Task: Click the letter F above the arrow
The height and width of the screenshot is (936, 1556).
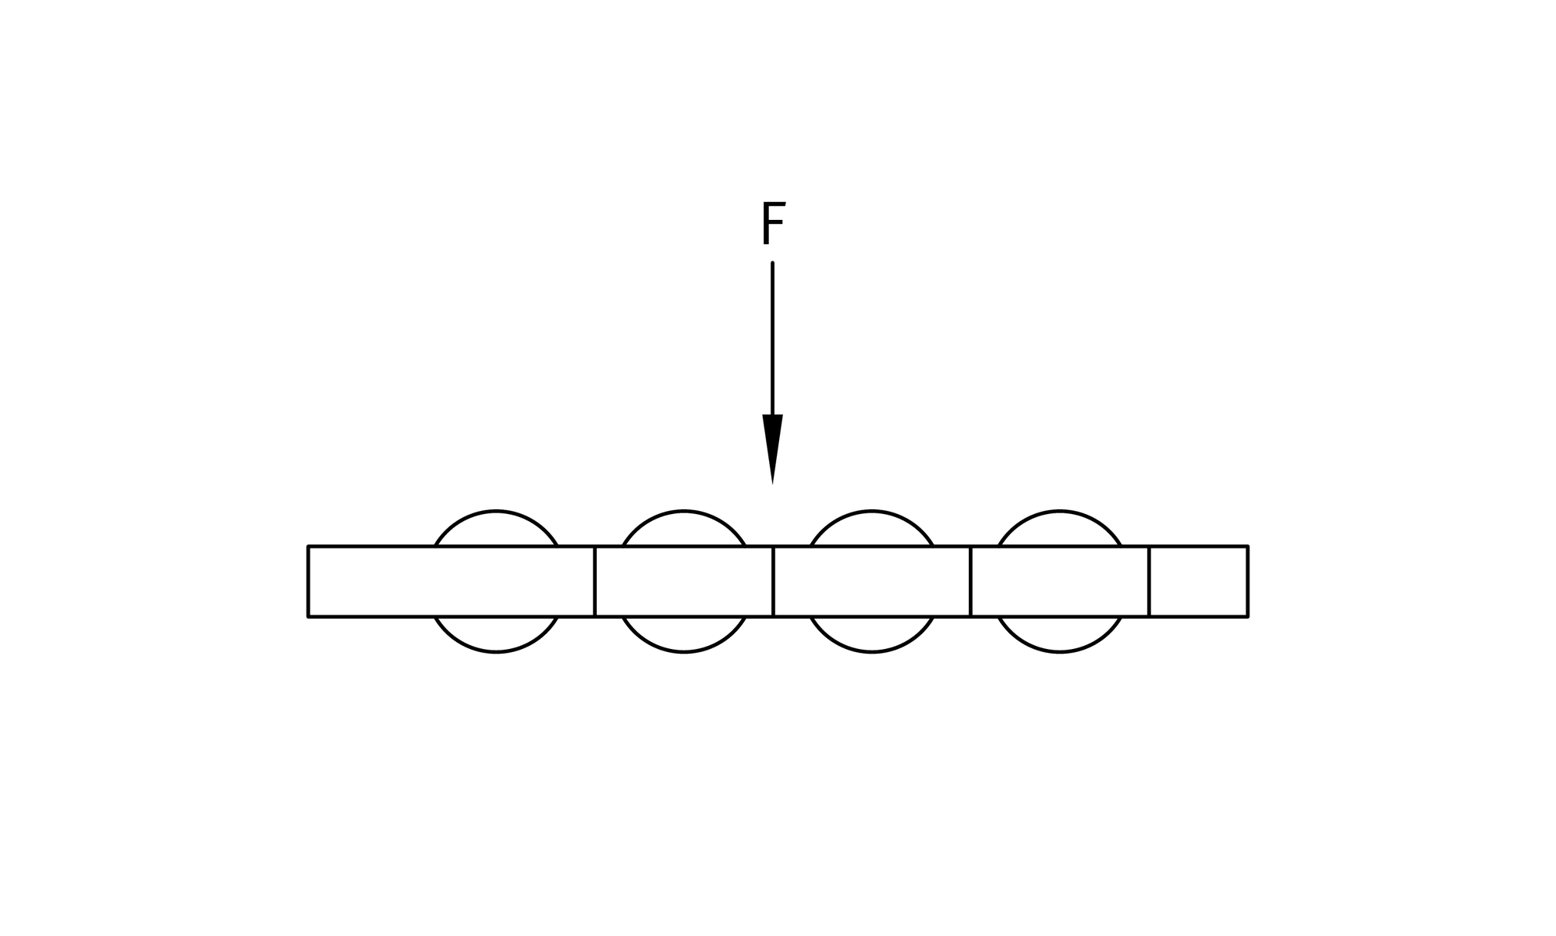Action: (x=773, y=225)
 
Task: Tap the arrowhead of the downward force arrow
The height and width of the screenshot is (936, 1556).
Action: (x=772, y=449)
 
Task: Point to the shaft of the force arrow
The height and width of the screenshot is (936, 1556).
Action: (x=772, y=339)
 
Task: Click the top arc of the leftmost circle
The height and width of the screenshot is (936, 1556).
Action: (x=496, y=527)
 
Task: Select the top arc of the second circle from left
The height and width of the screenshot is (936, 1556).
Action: (x=684, y=527)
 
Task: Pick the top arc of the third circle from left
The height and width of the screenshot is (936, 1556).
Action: (x=872, y=527)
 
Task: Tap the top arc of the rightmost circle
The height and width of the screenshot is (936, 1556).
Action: (x=1059, y=527)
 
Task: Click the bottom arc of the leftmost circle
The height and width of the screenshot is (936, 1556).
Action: (x=496, y=635)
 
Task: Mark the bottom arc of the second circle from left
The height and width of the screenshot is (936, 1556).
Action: (x=684, y=635)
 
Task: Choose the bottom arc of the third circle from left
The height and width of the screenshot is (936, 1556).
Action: (x=872, y=635)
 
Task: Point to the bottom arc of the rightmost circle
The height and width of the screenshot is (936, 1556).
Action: (x=1059, y=635)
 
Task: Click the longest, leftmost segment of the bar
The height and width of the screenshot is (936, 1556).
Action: (x=452, y=581)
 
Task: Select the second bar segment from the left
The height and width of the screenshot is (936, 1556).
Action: (x=684, y=581)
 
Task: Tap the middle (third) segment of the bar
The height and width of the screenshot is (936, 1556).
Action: (x=872, y=581)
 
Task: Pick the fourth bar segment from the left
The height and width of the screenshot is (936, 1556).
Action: (x=1059, y=581)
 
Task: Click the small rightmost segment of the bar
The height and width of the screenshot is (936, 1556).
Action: (x=1198, y=581)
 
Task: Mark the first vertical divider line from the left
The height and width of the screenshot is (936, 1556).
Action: (x=595, y=581)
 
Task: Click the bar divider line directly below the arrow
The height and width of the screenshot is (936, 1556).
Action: (x=773, y=581)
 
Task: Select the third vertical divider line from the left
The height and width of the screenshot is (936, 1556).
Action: (x=970, y=581)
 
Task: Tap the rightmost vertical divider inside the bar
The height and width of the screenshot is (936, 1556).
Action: (x=1149, y=581)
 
